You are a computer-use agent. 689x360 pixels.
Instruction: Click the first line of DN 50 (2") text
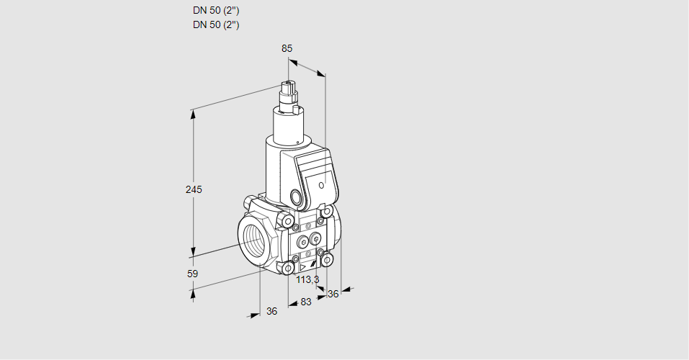click(216, 11)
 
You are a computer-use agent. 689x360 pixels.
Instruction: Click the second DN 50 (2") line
click(216, 24)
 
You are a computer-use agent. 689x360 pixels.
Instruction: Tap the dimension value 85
click(287, 48)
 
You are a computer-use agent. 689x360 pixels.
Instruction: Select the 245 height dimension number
click(194, 189)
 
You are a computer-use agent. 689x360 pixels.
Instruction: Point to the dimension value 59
click(192, 274)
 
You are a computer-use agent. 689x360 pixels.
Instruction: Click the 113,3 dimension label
click(307, 279)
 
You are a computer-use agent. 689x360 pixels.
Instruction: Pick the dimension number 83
click(306, 302)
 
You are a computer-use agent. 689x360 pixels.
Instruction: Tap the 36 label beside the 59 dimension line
click(272, 311)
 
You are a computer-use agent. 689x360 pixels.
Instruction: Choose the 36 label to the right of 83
click(333, 294)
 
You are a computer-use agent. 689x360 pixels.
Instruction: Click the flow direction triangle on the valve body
click(302, 267)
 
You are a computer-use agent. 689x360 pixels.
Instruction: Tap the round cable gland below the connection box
click(297, 196)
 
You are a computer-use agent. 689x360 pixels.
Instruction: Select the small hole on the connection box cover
click(321, 185)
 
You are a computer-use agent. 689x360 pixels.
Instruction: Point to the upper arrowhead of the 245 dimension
click(193, 114)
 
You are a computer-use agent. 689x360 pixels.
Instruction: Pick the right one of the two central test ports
click(315, 239)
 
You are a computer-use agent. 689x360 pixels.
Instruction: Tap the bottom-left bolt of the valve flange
click(289, 267)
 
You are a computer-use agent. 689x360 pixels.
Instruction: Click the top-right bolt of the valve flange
click(326, 212)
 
